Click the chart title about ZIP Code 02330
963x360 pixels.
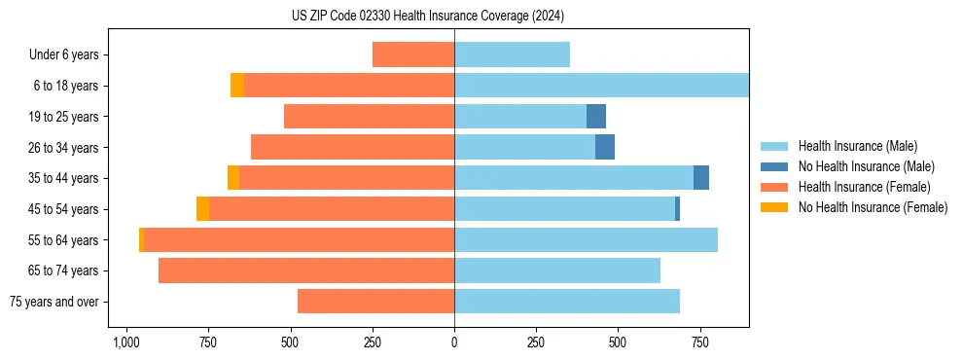click(427, 16)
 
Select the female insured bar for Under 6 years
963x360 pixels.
click(413, 54)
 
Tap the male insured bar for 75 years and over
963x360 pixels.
click(567, 302)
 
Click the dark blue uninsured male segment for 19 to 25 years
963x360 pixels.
click(596, 117)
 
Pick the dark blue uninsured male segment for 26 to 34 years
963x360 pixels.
click(605, 147)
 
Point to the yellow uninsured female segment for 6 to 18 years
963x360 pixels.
click(237, 86)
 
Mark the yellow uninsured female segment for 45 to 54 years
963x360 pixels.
click(202, 209)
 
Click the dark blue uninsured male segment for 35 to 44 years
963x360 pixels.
click(701, 178)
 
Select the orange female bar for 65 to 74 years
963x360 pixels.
click(306, 270)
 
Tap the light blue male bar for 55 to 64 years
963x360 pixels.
click(586, 239)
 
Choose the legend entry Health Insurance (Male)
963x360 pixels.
click(857, 146)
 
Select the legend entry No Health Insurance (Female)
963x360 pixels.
click(873, 207)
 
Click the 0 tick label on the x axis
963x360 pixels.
click(454, 342)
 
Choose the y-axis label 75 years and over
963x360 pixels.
click(54, 302)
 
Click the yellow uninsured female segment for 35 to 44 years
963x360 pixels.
click(233, 178)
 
